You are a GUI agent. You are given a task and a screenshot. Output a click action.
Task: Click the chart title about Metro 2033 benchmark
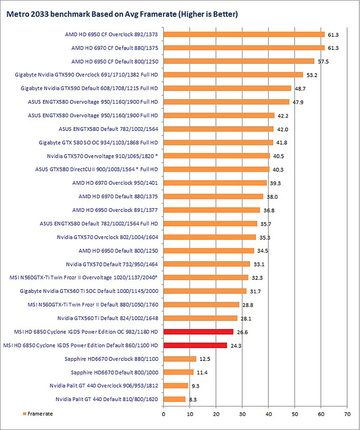(121, 15)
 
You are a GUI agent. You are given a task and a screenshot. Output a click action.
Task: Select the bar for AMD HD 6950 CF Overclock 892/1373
(244, 35)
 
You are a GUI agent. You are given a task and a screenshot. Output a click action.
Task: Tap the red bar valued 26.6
(198, 331)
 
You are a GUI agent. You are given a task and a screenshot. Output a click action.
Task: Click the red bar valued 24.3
(195, 345)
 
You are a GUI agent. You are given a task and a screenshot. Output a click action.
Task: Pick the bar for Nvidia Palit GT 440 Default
(174, 399)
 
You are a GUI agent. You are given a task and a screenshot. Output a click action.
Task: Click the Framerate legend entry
(37, 414)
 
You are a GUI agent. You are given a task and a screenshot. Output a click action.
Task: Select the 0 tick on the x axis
(163, 414)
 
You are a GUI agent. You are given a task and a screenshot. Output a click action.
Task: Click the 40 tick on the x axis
(268, 414)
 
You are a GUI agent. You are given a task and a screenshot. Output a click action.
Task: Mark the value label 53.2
(310, 75)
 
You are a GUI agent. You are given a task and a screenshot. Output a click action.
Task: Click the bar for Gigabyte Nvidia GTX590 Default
(227, 88)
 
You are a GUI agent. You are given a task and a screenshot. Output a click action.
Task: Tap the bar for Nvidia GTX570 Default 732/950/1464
(207, 264)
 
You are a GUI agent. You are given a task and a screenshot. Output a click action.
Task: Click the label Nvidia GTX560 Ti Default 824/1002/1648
(107, 318)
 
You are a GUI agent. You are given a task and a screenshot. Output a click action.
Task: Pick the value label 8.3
(192, 399)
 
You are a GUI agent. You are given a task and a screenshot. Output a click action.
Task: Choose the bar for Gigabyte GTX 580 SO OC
(218, 142)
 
